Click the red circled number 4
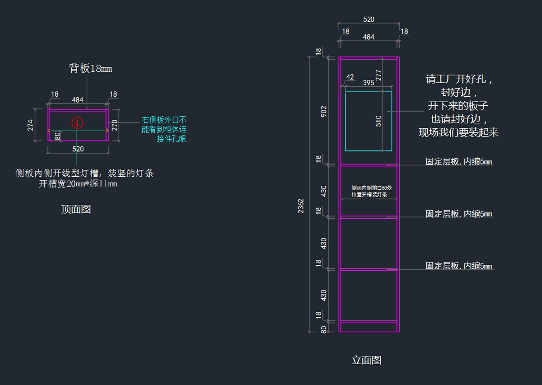click(x=78, y=122)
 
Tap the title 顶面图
click(x=76, y=209)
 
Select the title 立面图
click(x=367, y=360)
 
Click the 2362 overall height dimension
click(x=301, y=206)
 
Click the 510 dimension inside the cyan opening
click(x=378, y=121)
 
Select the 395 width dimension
click(x=369, y=83)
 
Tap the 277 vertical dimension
click(x=378, y=75)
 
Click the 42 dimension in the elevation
click(x=350, y=77)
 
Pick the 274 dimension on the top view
click(x=30, y=125)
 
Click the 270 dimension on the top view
click(x=115, y=125)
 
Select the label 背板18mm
click(x=90, y=69)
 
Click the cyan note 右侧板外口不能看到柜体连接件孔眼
click(x=164, y=130)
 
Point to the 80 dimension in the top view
click(x=57, y=136)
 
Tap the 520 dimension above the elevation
click(x=369, y=19)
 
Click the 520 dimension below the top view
click(x=78, y=149)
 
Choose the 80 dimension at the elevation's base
click(x=323, y=330)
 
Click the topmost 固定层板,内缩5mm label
click(x=458, y=162)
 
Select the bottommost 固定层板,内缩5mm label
click(x=458, y=266)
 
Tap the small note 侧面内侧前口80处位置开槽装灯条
click(x=369, y=191)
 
